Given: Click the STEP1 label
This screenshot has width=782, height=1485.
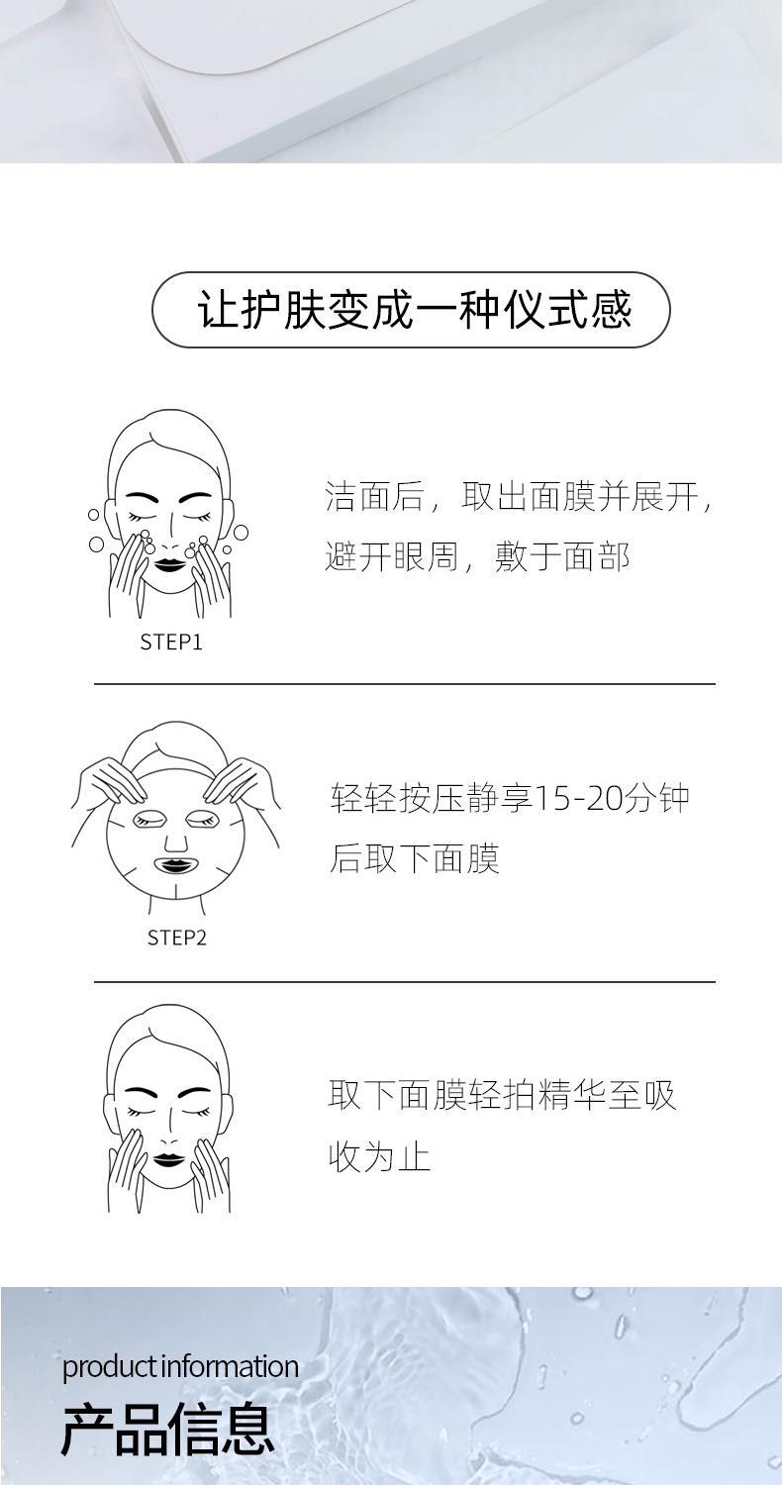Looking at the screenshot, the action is (171, 643).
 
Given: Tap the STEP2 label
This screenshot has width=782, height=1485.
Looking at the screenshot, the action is (176, 938).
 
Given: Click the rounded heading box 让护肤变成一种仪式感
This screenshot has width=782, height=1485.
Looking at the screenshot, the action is (411, 310).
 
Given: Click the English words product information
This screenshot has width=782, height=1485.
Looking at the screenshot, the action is (180, 1367).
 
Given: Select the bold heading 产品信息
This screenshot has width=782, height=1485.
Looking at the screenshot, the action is (167, 1430).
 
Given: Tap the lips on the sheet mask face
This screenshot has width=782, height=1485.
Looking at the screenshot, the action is (175, 865).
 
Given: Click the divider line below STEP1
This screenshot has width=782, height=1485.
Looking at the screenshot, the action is (404, 683).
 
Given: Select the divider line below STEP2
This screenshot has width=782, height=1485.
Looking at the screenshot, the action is (404, 982).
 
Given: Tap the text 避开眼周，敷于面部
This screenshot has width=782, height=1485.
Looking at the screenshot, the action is (477, 557).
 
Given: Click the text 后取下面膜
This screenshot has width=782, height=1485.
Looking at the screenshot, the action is (414, 858).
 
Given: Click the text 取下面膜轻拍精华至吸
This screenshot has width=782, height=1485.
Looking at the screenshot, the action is (502, 1096).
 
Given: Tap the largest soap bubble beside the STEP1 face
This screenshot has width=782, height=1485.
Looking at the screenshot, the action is (97, 544).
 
